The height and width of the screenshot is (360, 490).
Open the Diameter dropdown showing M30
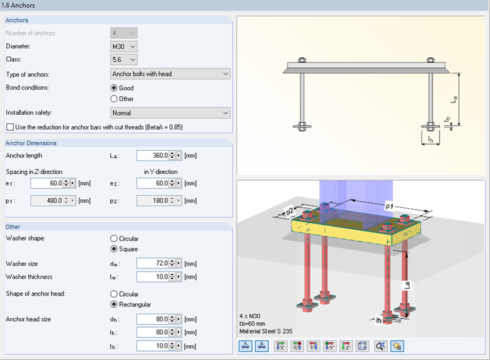pyautogui.click(x=124, y=46)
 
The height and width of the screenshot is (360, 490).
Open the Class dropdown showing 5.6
pyautogui.click(x=124, y=60)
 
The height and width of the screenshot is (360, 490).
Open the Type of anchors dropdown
pyautogui.click(x=170, y=74)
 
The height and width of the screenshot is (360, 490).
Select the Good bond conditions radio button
pyautogui.click(x=115, y=88)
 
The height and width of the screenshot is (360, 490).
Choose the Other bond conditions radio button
pyautogui.click(x=115, y=99)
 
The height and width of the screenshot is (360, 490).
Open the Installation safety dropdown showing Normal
pyautogui.click(x=170, y=114)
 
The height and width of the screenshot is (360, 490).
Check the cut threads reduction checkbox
pyautogui.click(x=9, y=127)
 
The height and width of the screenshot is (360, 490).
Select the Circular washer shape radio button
pyautogui.click(x=115, y=239)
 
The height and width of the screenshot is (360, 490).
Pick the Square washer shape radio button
pyautogui.click(x=115, y=249)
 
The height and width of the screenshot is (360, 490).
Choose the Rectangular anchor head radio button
pyautogui.click(x=115, y=305)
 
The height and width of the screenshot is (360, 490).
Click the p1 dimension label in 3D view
pyautogui.click(x=389, y=205)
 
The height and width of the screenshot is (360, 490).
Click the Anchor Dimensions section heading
pyautogui.click(x=31, y=143)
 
